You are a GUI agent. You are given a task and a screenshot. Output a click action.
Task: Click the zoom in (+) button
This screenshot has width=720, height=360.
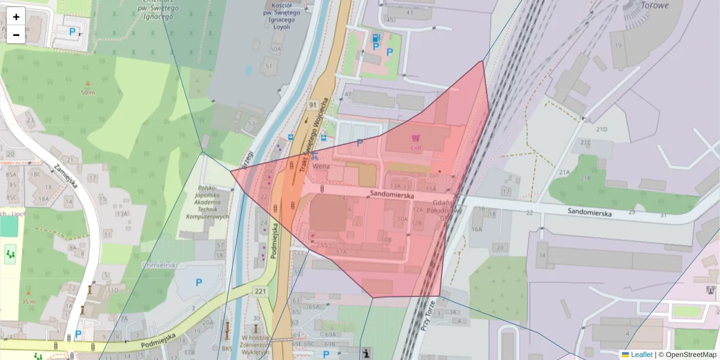16,16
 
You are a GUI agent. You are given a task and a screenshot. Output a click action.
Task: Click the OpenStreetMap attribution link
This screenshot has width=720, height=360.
687,355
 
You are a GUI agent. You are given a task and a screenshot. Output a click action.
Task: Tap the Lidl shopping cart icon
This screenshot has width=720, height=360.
416,138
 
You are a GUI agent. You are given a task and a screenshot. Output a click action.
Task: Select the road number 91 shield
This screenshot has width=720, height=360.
313,105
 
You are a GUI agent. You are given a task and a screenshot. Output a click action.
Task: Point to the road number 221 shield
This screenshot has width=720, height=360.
260,292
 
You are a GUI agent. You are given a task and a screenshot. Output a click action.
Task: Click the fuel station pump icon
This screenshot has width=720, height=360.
376,37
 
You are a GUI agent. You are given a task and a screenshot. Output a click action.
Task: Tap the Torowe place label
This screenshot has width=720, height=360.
655,5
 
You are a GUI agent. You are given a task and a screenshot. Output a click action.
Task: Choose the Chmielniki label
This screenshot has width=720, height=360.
157,265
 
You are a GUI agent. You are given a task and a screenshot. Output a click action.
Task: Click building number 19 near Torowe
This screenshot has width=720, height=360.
617,46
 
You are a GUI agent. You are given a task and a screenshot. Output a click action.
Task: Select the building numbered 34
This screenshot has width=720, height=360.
542,256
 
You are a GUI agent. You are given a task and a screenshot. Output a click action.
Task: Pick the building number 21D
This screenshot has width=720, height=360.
601,129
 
